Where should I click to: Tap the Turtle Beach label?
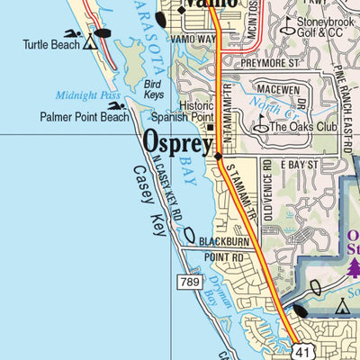coord(50,44)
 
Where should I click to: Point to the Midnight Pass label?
coord(82,95)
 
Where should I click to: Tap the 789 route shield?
coord(187,283)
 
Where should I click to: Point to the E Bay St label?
coord(299,166)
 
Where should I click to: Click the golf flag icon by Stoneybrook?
coord(286,24)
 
